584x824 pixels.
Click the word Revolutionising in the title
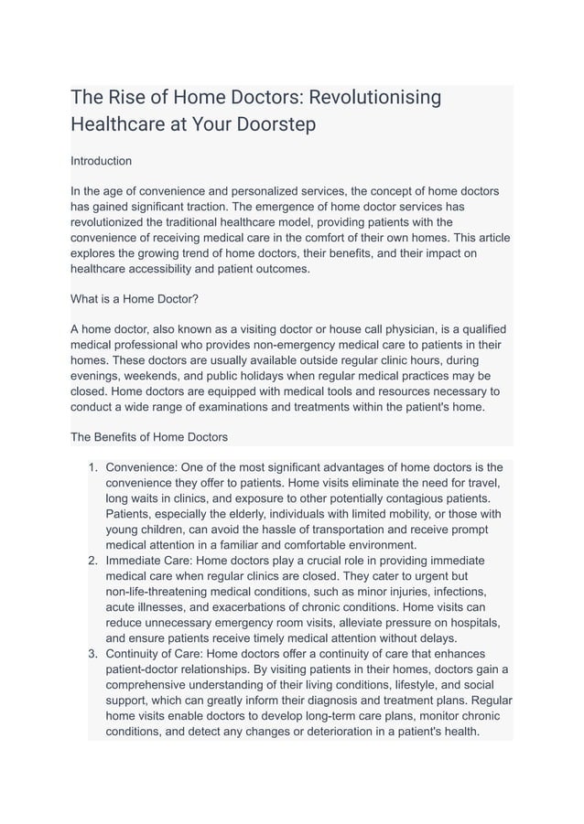point(369,97)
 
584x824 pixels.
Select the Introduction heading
point(101,161)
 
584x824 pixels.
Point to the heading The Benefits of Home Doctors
point(149,436)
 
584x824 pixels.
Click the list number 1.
point(92,467)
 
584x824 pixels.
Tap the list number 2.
point(92,561)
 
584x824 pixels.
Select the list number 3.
point(92,654)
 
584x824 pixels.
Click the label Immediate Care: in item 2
point(149,561)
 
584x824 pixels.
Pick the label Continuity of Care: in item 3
point(160,654)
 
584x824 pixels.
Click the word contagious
point(424,498)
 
